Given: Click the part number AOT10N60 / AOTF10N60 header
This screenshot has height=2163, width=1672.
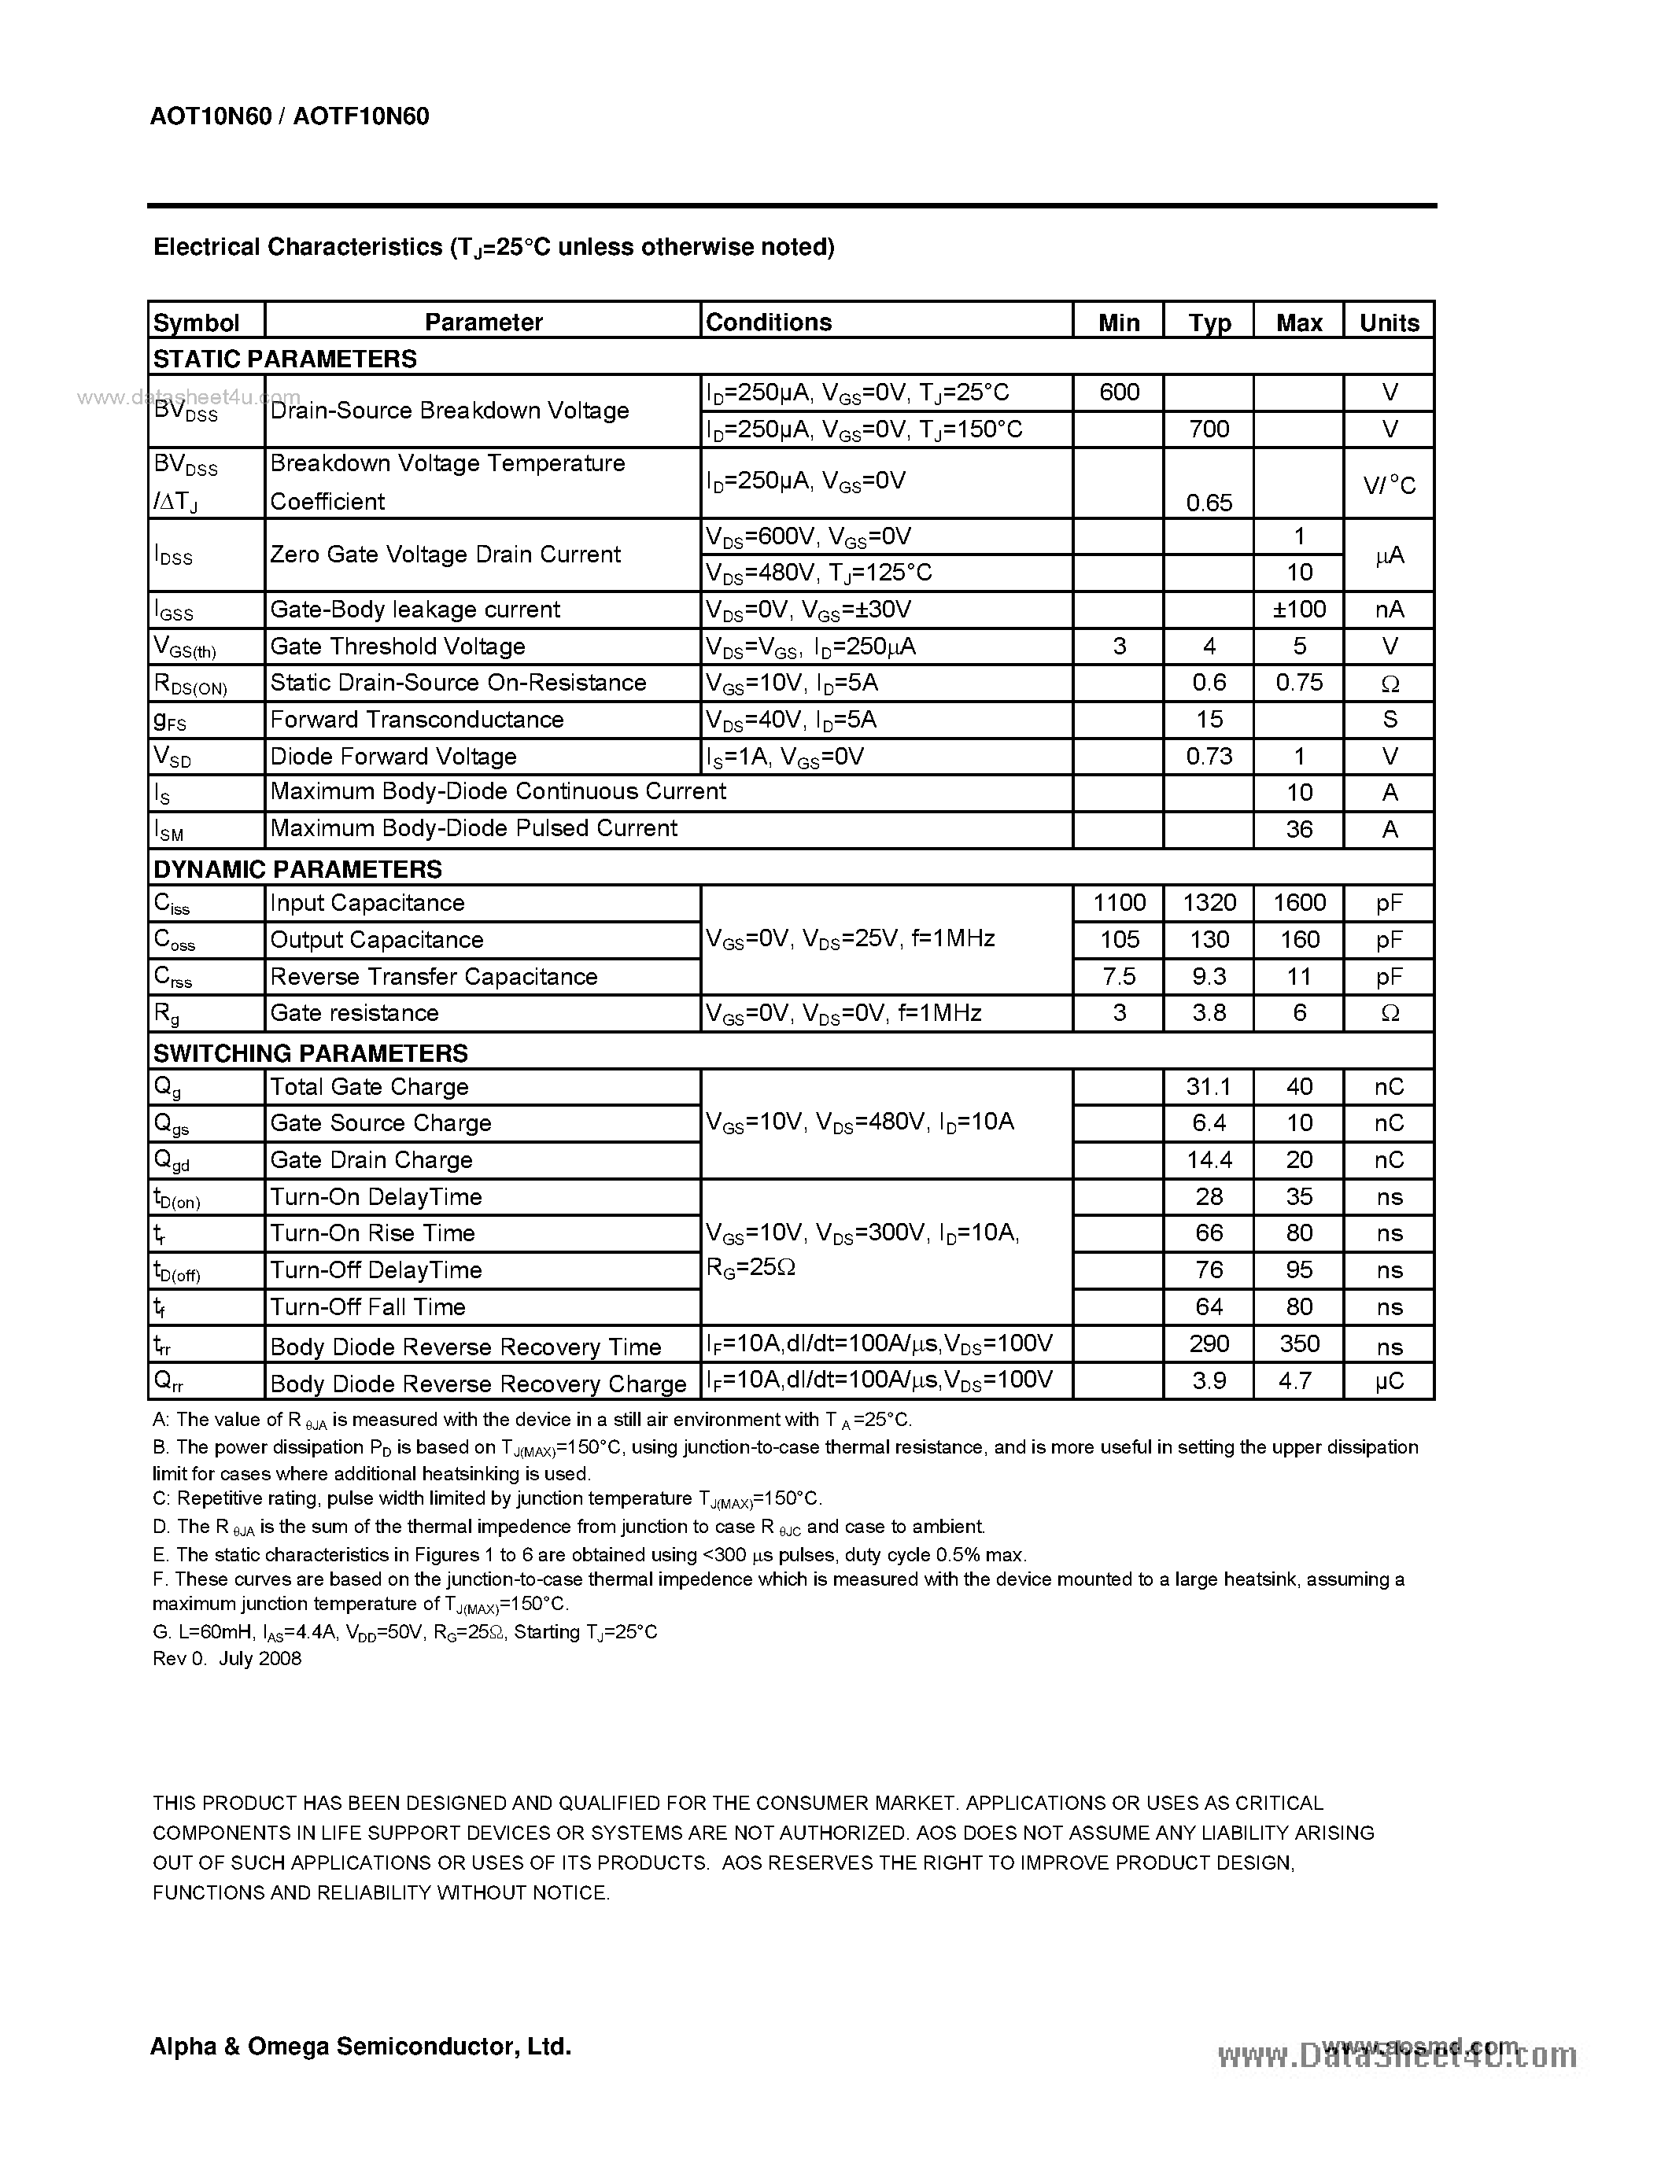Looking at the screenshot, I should (x=290, y=117).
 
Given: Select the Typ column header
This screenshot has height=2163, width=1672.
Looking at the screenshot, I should (x=1209, y=322).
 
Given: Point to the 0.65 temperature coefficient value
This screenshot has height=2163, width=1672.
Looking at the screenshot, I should (x=1209, y=503).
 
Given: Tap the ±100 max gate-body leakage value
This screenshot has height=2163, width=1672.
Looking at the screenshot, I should (x=1298, y=609).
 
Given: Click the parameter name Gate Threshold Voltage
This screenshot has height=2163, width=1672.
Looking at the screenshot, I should (x=397, y=647).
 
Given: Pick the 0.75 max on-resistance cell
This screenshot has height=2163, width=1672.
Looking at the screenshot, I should (x=1298, y=683).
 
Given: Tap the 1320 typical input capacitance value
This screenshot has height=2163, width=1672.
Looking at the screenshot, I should (x=1209, y=902).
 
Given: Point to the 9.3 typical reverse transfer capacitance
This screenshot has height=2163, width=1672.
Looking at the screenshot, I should (x=1209, y=977).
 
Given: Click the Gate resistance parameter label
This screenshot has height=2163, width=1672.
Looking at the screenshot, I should (x=353, y=1013).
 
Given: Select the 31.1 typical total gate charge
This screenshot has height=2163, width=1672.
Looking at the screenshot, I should (x=1209, y=1086).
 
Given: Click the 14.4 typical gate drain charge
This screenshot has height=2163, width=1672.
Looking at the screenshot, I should (x=1209, y=1159).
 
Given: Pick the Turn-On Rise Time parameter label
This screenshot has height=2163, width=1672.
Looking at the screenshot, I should (x=371, y=1233).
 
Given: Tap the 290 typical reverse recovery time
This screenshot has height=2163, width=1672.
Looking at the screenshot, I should (x=1209, y=1344).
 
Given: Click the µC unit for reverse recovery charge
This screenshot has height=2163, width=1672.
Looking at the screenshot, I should (x=1389, y=1380).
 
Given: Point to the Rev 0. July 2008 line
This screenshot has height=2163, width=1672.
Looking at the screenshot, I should (x=227, y=1659).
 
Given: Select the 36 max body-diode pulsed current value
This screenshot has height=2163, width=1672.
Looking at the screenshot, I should (x=1298, y=829).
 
